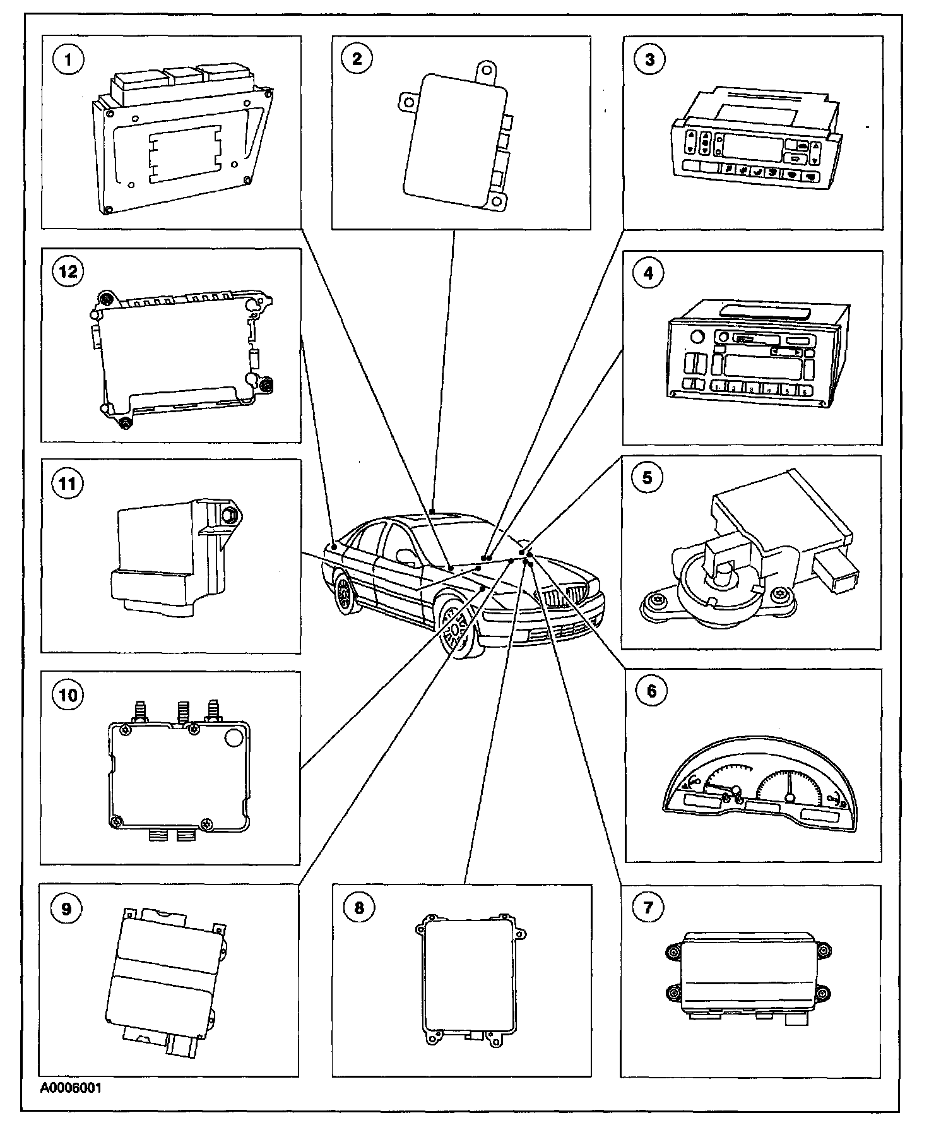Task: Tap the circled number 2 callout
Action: (x=357, y=59)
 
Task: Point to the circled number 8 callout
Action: (x=359, y=908)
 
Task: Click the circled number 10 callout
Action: (x=68, y=695)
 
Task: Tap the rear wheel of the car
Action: (x=345, y=594)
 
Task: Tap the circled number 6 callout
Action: (x=651, y=691)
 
